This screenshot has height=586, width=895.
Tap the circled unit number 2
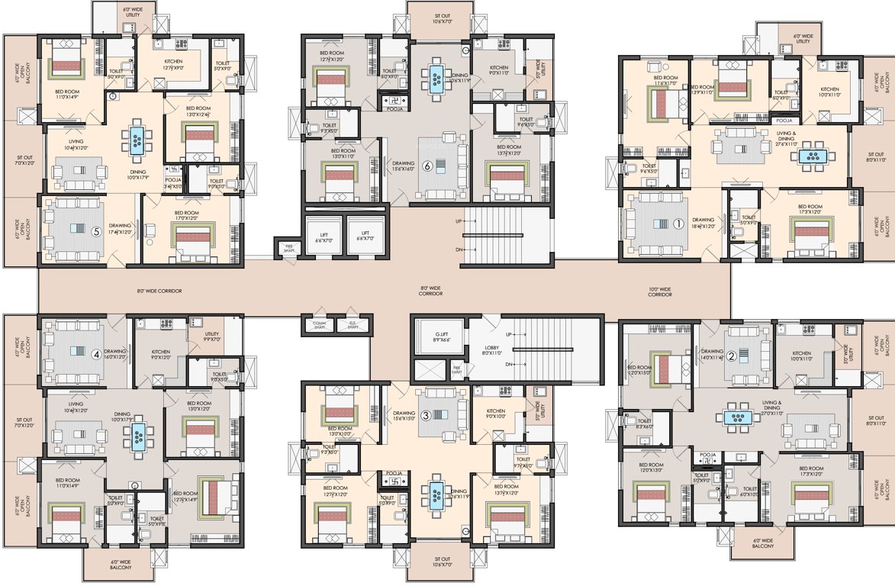(730, 355)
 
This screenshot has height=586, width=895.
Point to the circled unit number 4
(95, 353)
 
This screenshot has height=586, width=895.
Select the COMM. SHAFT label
(320, 324)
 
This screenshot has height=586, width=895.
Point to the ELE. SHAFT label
(352, 324)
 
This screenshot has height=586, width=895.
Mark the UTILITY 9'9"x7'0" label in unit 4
(212, 336)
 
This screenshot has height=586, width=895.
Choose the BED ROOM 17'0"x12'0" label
(186, 215)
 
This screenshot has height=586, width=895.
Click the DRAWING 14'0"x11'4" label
(711, 354)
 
